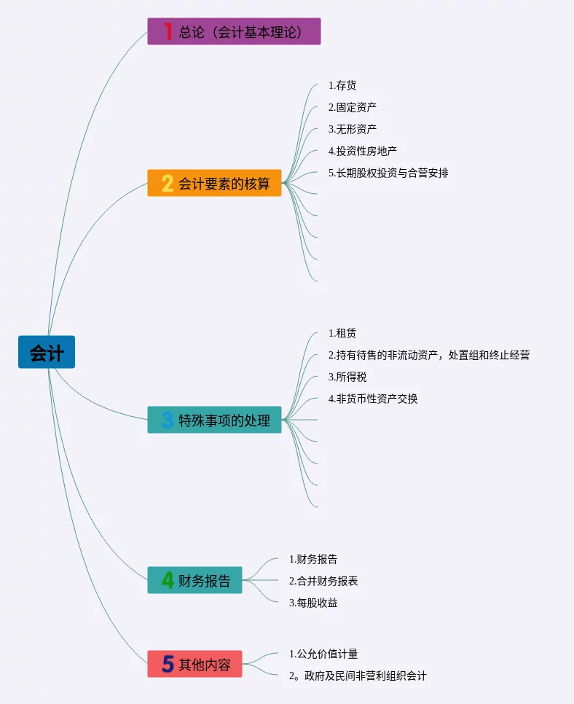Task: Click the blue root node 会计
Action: click(47, 352)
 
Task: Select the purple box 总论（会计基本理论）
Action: click(234, 31)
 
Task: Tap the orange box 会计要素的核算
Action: click(214, 183)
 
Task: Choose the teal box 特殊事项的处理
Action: click(214, 420)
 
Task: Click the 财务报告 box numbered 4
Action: click(194, 580)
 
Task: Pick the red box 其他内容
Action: click(194, 664)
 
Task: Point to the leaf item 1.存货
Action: click(342, 85)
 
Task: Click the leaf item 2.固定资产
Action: click(353, 107)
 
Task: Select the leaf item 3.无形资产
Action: click(353, 129)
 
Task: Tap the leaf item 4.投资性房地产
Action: click(363, 151)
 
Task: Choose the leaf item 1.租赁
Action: click(342, 333)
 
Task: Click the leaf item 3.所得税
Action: click(347, 377)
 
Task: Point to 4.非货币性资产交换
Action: click(373, 399)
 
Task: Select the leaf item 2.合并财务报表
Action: click(323, 581)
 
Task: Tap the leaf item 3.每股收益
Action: click(313, 603)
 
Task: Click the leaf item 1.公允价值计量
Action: click(323, 654)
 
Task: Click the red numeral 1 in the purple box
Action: click(168, 31)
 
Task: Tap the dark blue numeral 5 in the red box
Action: click(168, 664)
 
